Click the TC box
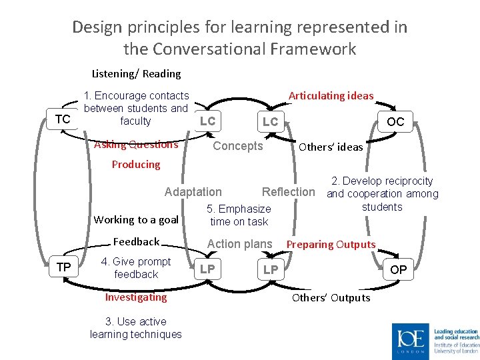click(63, 119)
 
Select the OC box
click(395, 122)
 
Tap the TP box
click(64, 267)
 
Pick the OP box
click(398, 269)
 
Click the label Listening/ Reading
click(136, 73)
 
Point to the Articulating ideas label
click(331, 95)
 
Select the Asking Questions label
click(137, 145)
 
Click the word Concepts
click(238, 146)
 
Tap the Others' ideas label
click(331, 147)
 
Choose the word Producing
click(136, 164)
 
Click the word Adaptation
click(193, 192)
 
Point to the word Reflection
click(288, 192)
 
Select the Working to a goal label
click(136, 220)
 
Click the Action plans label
click(240, 244)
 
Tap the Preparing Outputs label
click(331, 244)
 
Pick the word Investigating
click(136, 297)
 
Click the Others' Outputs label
click(331, 297)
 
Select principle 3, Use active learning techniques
click(136, 328)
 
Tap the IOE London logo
click(411, 341)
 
